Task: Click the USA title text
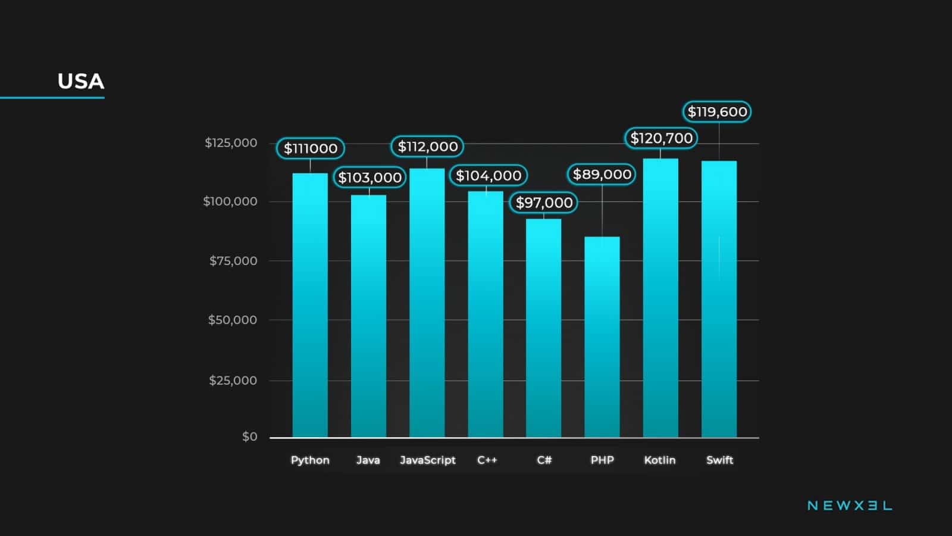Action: (x=81, y=82)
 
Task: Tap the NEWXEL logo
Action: (x=849, y=506)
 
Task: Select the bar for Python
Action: (x=310, y=305)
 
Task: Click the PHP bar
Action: (x=602, y=336)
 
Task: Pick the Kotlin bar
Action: (x=660, y=298)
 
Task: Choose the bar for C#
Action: (x=543, y=328)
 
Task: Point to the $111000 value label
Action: (x=310, y=148)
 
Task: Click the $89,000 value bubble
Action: (x=602, y=174)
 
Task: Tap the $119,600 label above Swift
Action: (x=717, y=112)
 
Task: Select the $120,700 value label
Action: (x=661, y=138)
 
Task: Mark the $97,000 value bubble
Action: (x=544, y=202)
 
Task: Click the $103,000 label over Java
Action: (x=369, y=177)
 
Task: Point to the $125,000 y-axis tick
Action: (x=231, y=143)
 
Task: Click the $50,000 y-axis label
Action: (x=232, y=320)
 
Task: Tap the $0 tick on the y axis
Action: (x=249, y=437)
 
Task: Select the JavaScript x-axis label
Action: (x=427, y=460)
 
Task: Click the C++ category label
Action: (x=487, y=460)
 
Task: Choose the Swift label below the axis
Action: (x=719, y=460)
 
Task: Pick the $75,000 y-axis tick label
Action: (x=233, y=261)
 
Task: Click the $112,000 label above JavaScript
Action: (x=427, y=147)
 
